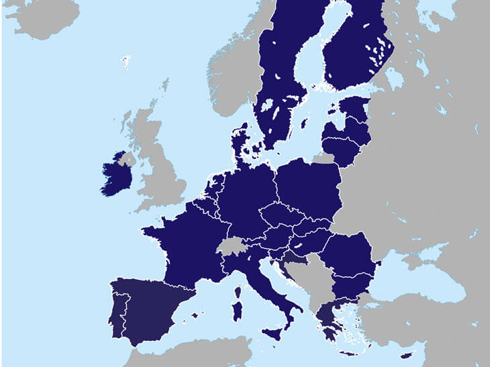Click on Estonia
[x=355, y=108]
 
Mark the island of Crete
[x=349, y=353]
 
